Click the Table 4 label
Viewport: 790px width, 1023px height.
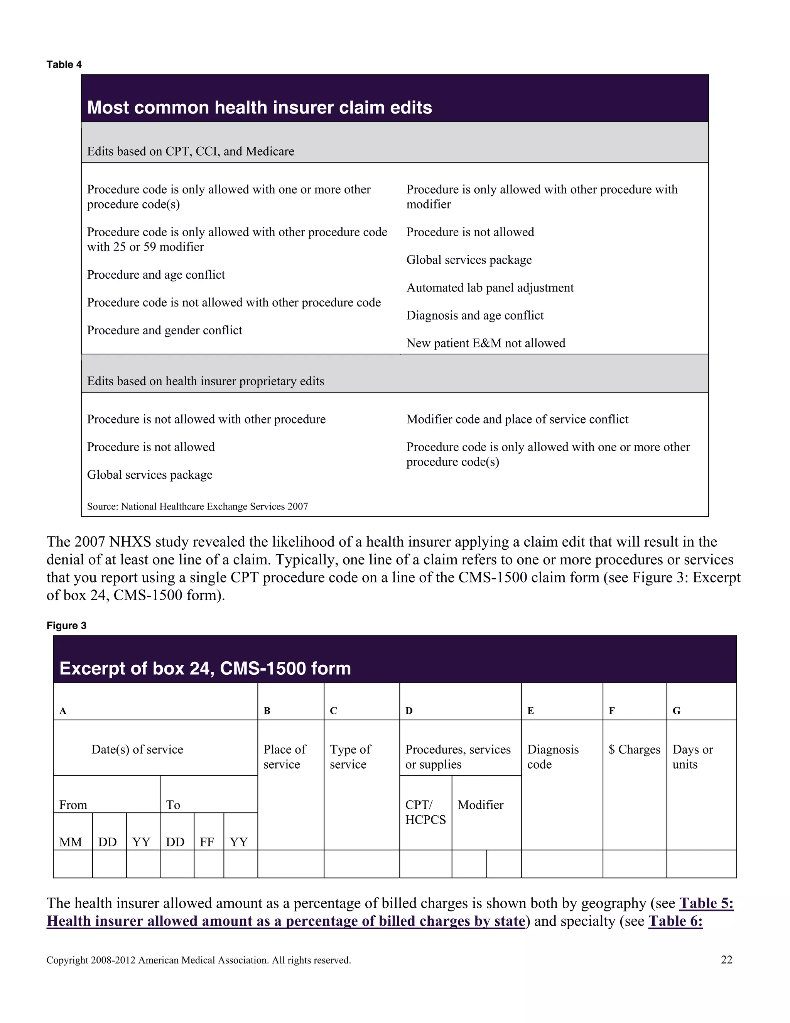click(x=64, y=64)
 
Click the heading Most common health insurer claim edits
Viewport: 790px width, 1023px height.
click(x=259, y=108)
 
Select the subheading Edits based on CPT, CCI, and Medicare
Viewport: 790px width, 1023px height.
click(x=191, y=151)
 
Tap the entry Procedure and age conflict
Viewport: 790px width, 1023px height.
click(x=156, y=274)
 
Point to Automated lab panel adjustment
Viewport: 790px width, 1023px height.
click(x=490, y=288)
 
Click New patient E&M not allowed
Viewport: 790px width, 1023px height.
click(x=485, y=343)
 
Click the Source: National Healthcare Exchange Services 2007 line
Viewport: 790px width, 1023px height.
click(x=197, y=506)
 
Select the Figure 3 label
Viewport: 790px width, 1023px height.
click(x=66, y=626)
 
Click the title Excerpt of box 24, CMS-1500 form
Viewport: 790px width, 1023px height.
click(x=205, y=668)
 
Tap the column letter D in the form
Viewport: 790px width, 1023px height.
click(x=409, y=711)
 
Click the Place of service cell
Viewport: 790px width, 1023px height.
click(x=285, y=757)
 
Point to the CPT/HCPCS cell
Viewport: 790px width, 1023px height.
click(x=425, y=812)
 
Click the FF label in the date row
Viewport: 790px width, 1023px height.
click(x=206, y=842)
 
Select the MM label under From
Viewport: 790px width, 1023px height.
click(x=71, y=842)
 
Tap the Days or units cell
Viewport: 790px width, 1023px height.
click(x=693, y=757)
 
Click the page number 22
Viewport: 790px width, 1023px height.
click(x=726, y=960)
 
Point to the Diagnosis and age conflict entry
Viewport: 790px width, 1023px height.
click(x=474, y=315)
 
